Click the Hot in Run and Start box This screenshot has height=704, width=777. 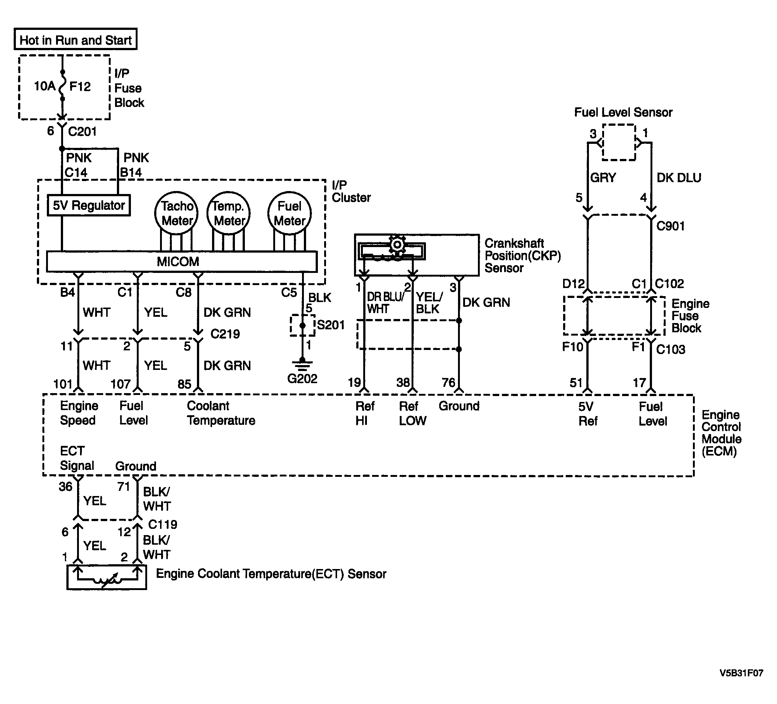pyautogui.click(x=76, y=39)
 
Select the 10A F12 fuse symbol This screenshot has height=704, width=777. pyautogui.click(x=62, y=86)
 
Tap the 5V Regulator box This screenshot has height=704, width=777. pyautogui.click(x=89, y=205)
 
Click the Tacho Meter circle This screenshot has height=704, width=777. pyautogui.click(x=177, y=213)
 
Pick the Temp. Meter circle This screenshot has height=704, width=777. pyautogui.click(x=229, y=213)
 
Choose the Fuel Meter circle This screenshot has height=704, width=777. pyautogui.click(x=289, y=213)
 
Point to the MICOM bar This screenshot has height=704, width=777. pyautogui.click(x=181, y=261)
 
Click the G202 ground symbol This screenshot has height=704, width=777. pyautogui.click(x=302, y=364)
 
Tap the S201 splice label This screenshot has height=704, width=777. pyautogui.click(x=331, y=325)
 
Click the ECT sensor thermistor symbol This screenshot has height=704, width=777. pyautogui.click(x=107, y=579)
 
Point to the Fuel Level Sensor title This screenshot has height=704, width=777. pyautogui.click(x=623, y=112)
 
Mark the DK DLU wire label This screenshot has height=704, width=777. pyautogui.click(x=679, y=178)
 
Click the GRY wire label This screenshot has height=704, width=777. pyautogui.click(x=603, y=178)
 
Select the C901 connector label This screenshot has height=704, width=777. pyautogui.click(x=671, y=226)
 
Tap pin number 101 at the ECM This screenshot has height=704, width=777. pyautogui.click(x=63, y=384)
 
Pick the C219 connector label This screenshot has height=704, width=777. pyautogui.click(x=225, y=334)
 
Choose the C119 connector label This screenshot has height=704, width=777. pyautogui.click(x=163, y=524)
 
